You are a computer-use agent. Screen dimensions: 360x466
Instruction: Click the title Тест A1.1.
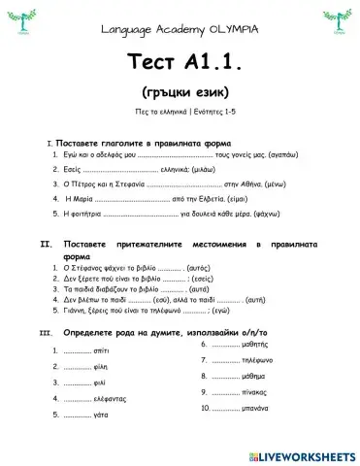click(x=180, y=61)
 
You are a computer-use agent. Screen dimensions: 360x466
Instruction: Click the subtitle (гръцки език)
click(x=180, y=94)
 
